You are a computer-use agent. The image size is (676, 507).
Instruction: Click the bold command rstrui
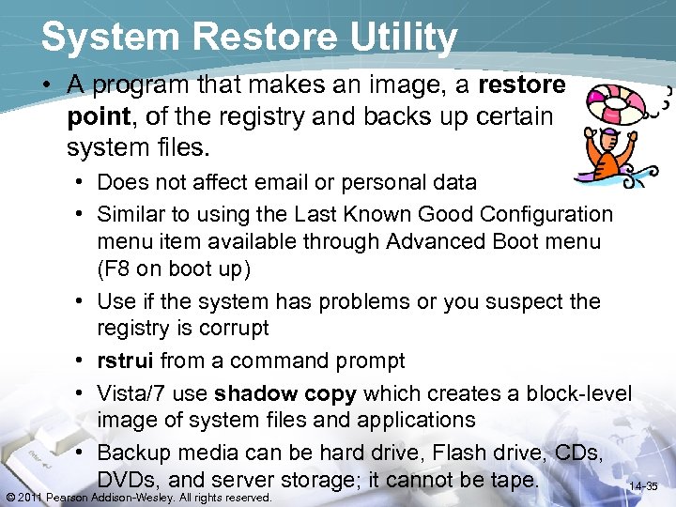[x=126, y=361]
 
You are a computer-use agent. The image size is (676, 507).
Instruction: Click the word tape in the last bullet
[x=513, y=481]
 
